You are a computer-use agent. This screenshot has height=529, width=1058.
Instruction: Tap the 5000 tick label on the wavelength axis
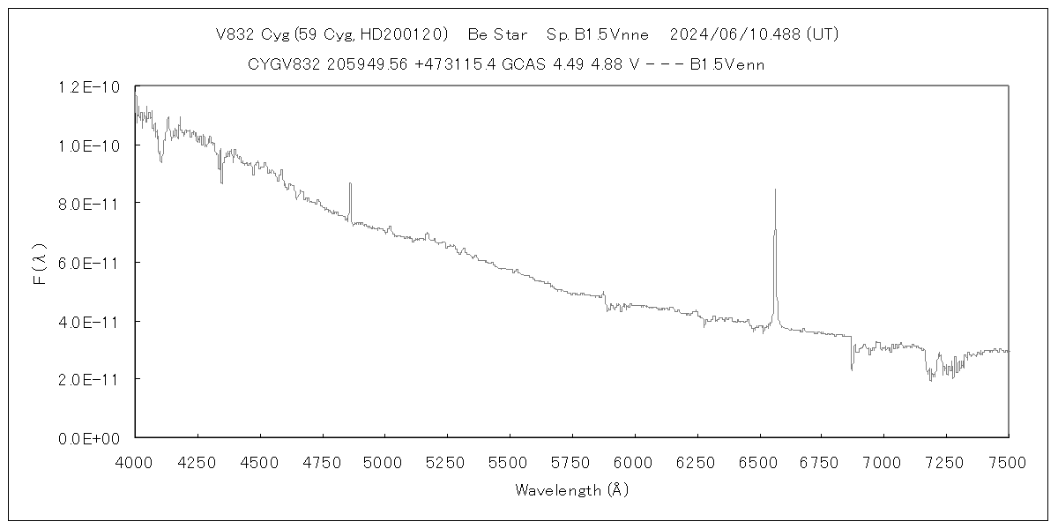pos(384,462)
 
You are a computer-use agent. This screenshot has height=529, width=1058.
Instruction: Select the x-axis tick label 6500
pos(758,462)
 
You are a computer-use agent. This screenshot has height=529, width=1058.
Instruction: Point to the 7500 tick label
pos(1008,462)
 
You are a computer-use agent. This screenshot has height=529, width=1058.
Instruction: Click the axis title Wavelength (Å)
pos(571,490)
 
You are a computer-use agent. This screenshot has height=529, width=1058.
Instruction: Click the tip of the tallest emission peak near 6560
pos(775,190)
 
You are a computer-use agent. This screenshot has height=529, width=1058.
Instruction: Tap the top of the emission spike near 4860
pos(350,183)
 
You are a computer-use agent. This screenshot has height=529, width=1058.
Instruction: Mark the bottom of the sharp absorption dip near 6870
pos(852,369)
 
